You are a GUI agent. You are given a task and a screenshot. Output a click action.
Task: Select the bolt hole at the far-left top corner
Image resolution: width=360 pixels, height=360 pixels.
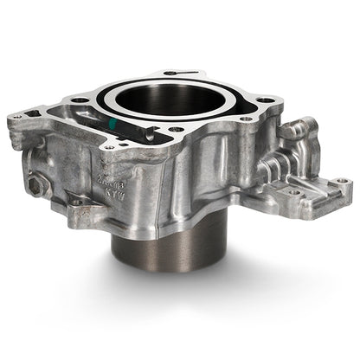18,112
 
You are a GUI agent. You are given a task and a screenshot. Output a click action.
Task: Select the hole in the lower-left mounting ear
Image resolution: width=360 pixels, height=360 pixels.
76,202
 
